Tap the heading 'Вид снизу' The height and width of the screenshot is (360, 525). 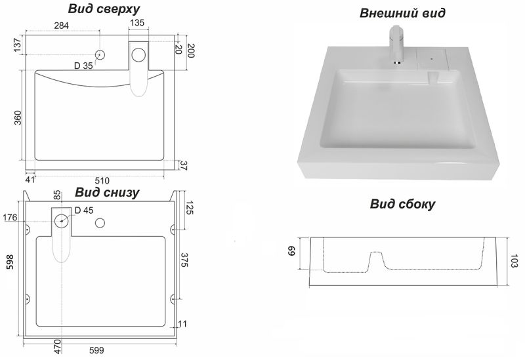coord(106,192)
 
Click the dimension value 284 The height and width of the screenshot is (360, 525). coord(61,25)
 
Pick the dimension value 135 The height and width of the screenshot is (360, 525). coord(137,24)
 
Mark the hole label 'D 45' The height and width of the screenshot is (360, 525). coord(84,210)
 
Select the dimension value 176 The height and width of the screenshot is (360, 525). coord(10,218)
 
